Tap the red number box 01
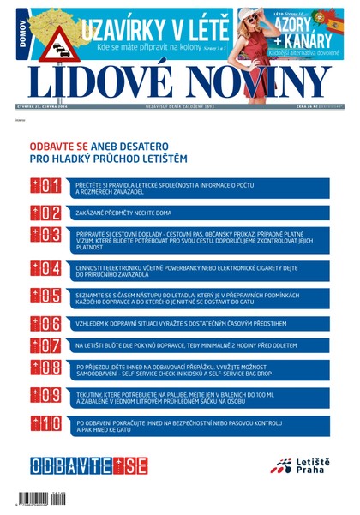point(45,187)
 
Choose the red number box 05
point(45,296)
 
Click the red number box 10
point(45,424)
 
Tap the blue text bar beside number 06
point(201,323)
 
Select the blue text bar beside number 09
point(201,398)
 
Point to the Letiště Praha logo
point(297,467)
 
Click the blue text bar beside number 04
point(201,270)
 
